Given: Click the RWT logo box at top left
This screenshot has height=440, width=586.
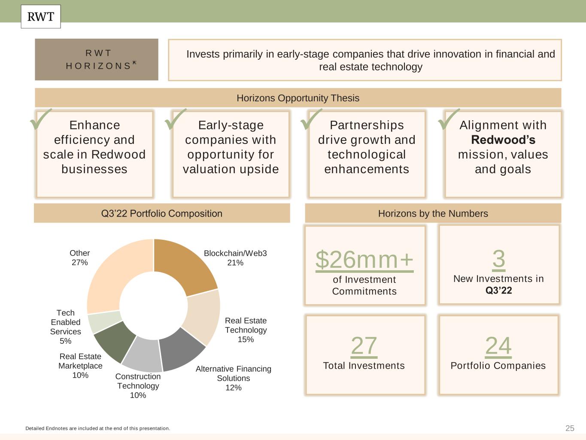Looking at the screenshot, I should [41, 17].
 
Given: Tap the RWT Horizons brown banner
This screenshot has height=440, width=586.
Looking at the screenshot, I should [97, 59].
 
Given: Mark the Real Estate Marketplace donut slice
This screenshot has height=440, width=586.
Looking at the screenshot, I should [113, 340].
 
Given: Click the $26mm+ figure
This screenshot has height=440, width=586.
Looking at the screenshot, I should [364, 260].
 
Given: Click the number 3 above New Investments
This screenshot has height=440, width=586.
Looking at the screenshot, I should [498, 259].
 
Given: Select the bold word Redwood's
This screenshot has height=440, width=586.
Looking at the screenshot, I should [503, 140].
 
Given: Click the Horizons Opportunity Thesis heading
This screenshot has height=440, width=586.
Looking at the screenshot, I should [298, 98].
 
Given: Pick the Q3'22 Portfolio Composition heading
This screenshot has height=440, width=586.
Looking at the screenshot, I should [162, 214].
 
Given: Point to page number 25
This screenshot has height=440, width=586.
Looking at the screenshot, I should [570, 428].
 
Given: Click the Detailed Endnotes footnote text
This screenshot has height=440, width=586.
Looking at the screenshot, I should [98, 428].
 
